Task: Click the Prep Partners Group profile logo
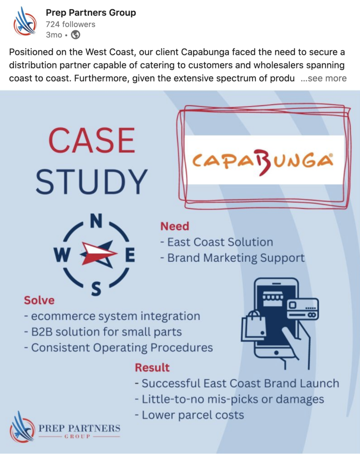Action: pos(25,22)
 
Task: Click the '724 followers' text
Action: pos(71,24)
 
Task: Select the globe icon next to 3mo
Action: pos(76,35)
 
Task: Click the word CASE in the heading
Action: pos(92,140)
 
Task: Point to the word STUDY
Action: pos(92,182)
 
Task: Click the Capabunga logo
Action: pos(263,160)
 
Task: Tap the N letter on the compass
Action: pos(96,221)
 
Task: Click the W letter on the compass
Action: pos(62,255)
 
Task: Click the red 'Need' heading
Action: pos(175,226)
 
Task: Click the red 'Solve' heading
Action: pos(39,300)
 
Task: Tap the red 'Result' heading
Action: pos(152,367)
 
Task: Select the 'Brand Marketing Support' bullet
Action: pos(232,258)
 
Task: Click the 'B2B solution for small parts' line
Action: pos(103,332)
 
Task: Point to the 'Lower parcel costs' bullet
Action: pos(190,415)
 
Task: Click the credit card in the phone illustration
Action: pos(303,309)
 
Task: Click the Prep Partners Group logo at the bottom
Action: pos(65,431)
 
